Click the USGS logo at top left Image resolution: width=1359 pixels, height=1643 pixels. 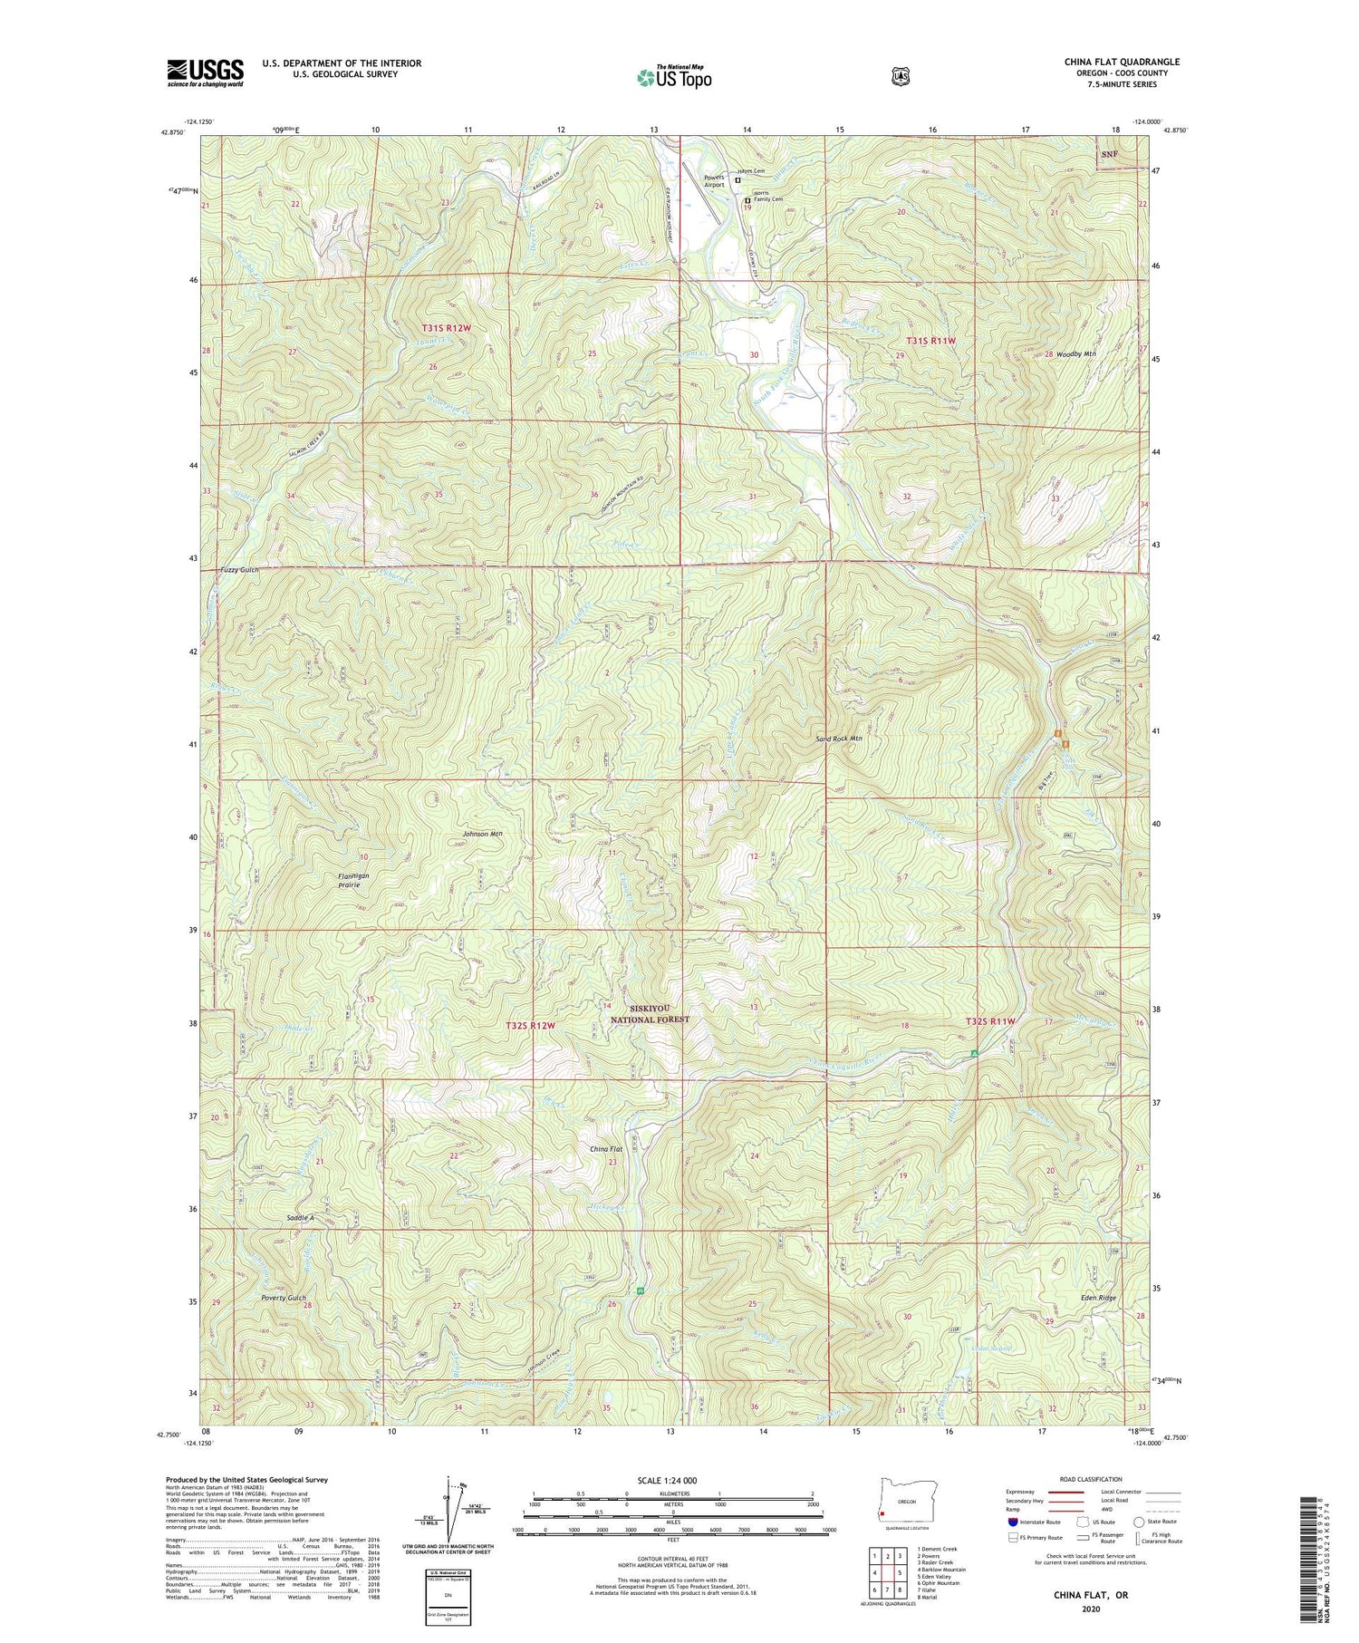tap(205, 72)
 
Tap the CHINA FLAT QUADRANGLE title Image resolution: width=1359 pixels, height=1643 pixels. tap(1122, 63)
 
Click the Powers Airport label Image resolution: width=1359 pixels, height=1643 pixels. tap(715, 180)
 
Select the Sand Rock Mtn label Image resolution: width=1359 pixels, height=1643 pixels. tap(839, 739)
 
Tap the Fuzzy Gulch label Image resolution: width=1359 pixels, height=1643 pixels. tap(240, 569)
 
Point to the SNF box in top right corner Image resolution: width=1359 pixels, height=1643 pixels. tap(1109, 154)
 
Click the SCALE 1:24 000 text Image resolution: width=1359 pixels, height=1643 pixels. tap(671, 1480)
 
